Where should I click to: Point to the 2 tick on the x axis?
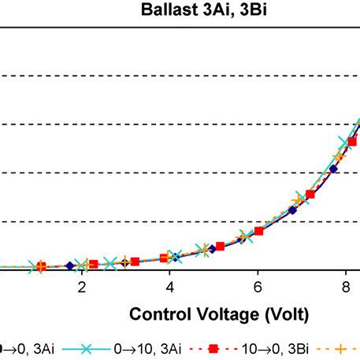(81, 288)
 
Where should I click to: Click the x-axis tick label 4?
(169, 288)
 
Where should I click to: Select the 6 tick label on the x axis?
(258, 288)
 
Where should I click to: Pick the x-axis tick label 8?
(346, 288)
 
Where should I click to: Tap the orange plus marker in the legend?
(342, 347)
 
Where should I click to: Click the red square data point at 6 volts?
(258, 231)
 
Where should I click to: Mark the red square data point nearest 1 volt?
(42, 266)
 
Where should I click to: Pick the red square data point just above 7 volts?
(310, 195)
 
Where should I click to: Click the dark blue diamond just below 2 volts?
(70, 265)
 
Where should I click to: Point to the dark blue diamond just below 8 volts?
(333, 169)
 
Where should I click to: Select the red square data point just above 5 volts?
(220, 247)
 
